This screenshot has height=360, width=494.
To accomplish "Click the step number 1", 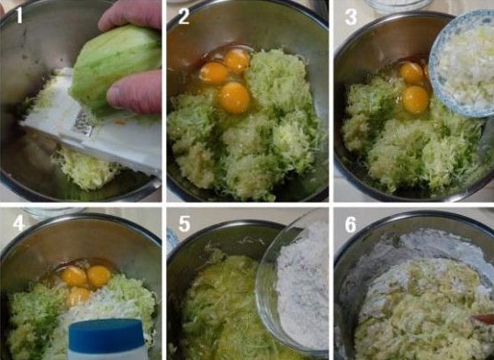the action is click(x=19, y=15).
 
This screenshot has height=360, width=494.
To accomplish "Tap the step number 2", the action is click(x=184, y=16).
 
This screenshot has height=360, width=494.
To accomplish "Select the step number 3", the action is click(x=351, y=17).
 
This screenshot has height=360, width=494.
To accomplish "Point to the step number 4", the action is click(x=18, y=223).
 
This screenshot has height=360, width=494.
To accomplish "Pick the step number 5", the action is click(x=185, y=223).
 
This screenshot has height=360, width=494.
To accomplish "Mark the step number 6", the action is click(x=351, y=224).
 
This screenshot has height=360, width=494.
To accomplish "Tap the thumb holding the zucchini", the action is click(x=134, y=92).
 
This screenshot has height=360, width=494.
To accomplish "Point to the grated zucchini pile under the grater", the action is click(x=86, y=169).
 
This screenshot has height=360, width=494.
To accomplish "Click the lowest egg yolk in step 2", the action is click(x=234, y=97).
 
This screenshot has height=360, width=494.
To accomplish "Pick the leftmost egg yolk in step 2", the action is click(x=214, y=73).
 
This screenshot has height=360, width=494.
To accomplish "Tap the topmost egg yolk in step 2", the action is click(x=237, y=60).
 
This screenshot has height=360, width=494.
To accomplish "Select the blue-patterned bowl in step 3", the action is click(x=462, y=63).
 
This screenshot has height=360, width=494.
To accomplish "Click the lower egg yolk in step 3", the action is click(x=416, y=99).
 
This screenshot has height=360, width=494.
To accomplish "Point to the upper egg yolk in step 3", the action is click(x=411, y=73).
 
